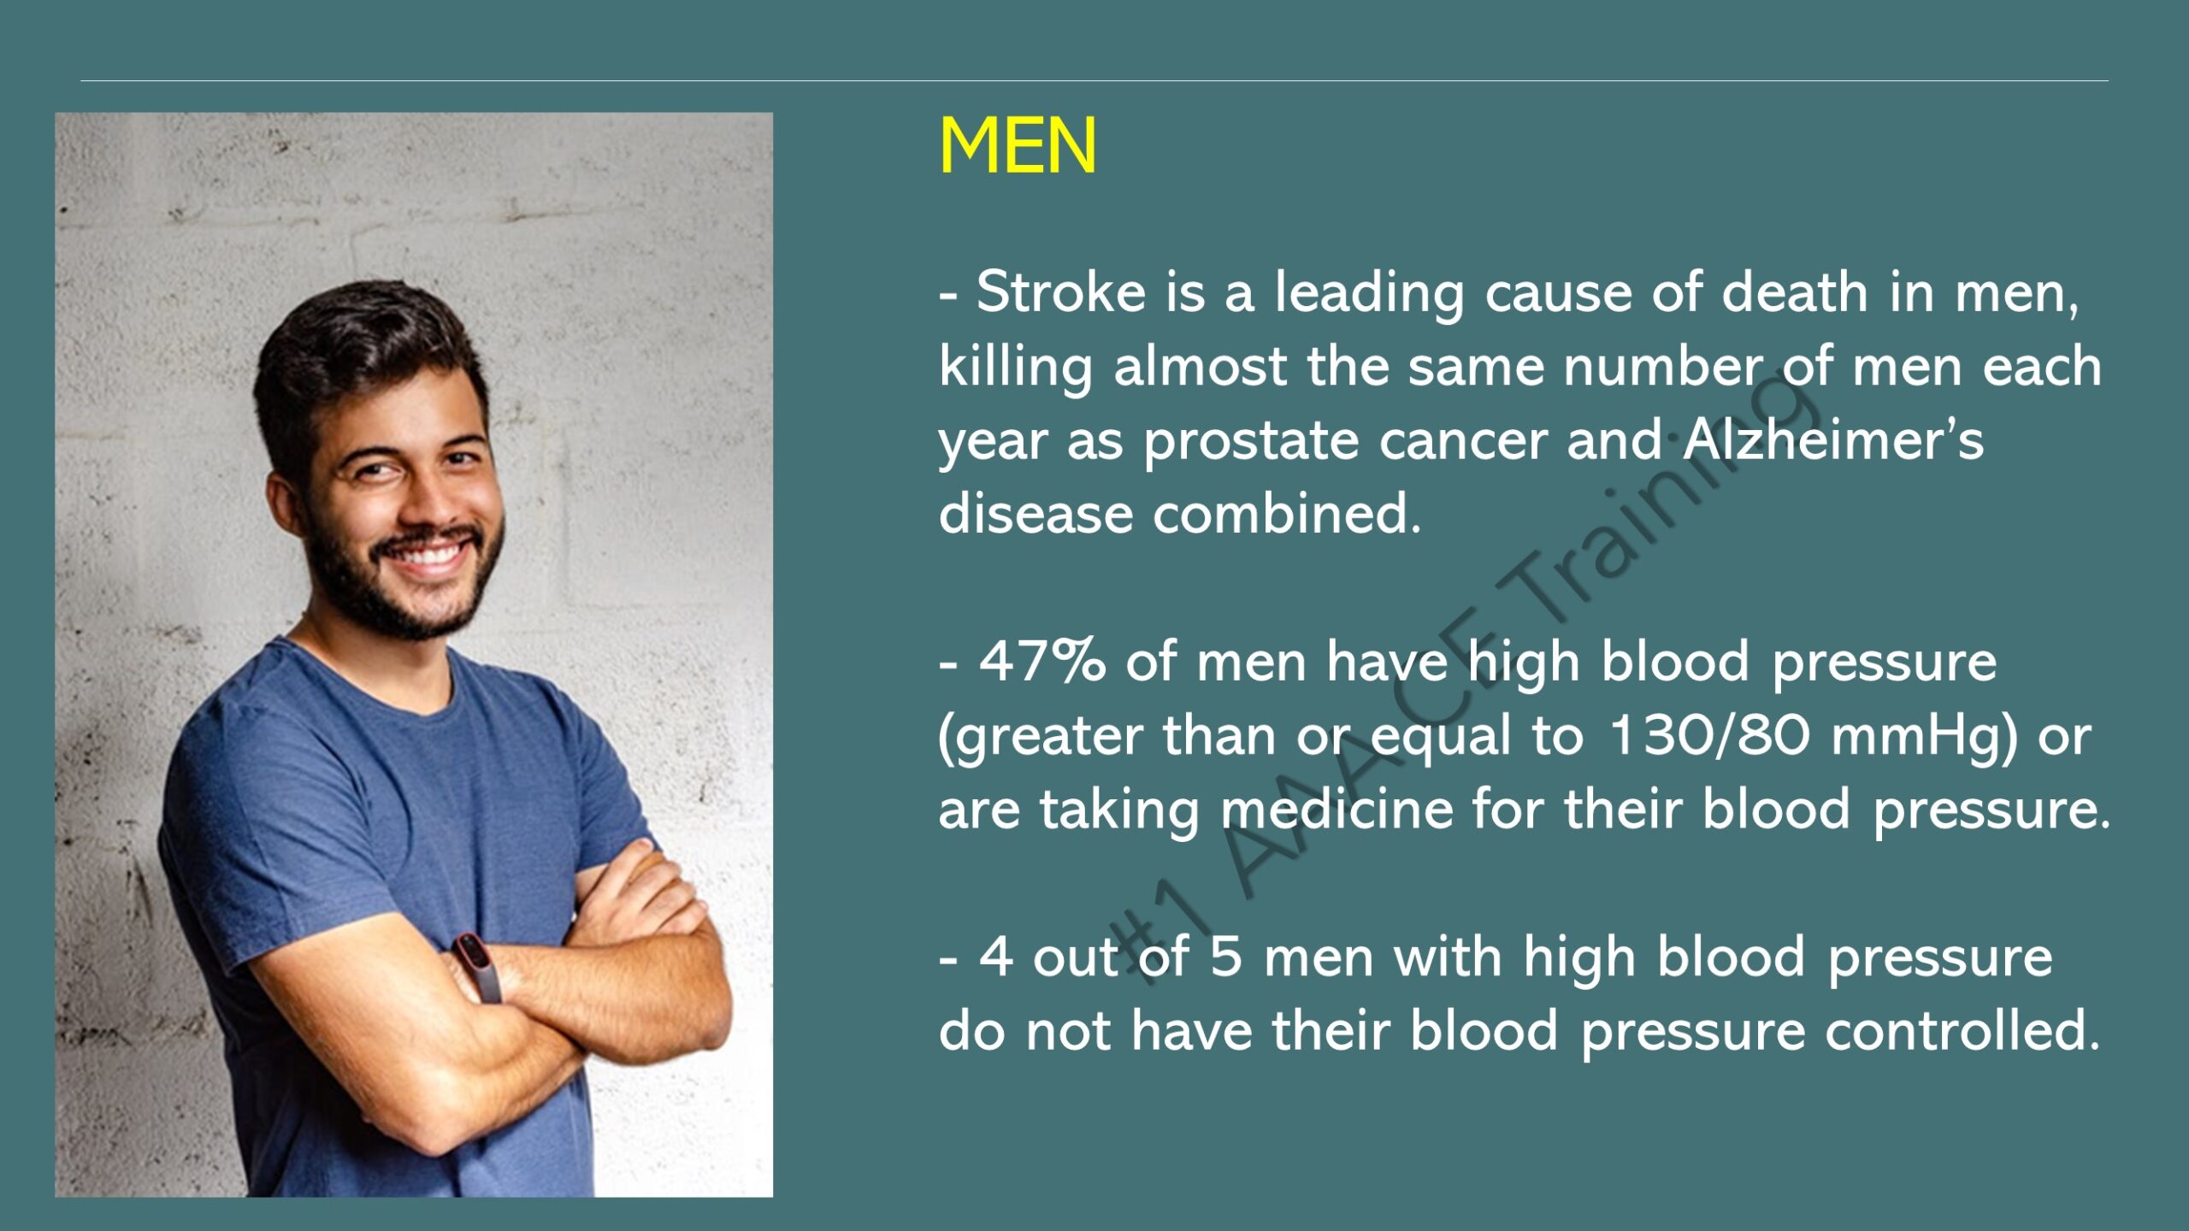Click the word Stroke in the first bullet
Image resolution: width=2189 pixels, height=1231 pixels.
(1061, 292)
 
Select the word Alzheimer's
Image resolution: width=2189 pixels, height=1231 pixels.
(1833, 439)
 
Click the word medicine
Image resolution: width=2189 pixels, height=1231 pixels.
(1336, 809)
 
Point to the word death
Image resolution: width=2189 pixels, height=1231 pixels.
(1795, 292)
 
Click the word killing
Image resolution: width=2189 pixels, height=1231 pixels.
(1016, 368)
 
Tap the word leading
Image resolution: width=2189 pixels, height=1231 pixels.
(1369, 293)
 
